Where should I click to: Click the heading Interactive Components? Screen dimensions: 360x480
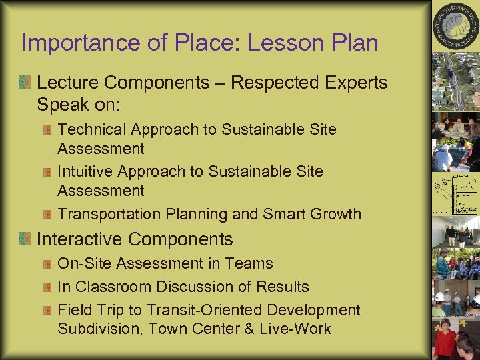pos(135,239)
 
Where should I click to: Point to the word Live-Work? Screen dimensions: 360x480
pos(297,329)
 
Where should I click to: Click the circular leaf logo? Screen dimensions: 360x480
pos(456,27)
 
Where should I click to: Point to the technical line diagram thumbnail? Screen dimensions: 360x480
pos(455,193)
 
